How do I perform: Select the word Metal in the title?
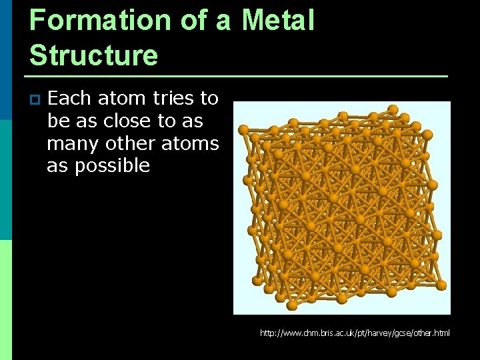(278, 20)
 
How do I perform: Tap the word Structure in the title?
(93, 55)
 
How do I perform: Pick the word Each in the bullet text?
(71, 99)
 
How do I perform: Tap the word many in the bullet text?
(72, 144)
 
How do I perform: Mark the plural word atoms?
(192, 143)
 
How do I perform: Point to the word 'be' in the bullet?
(57, 121)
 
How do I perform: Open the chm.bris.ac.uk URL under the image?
(355, 332)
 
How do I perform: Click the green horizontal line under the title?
(238, 76)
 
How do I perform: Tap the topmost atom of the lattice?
(393, 109)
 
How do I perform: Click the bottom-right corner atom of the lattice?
(441, 285)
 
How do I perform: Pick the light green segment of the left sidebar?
(6, 300)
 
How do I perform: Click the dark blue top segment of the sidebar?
(6, 60)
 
